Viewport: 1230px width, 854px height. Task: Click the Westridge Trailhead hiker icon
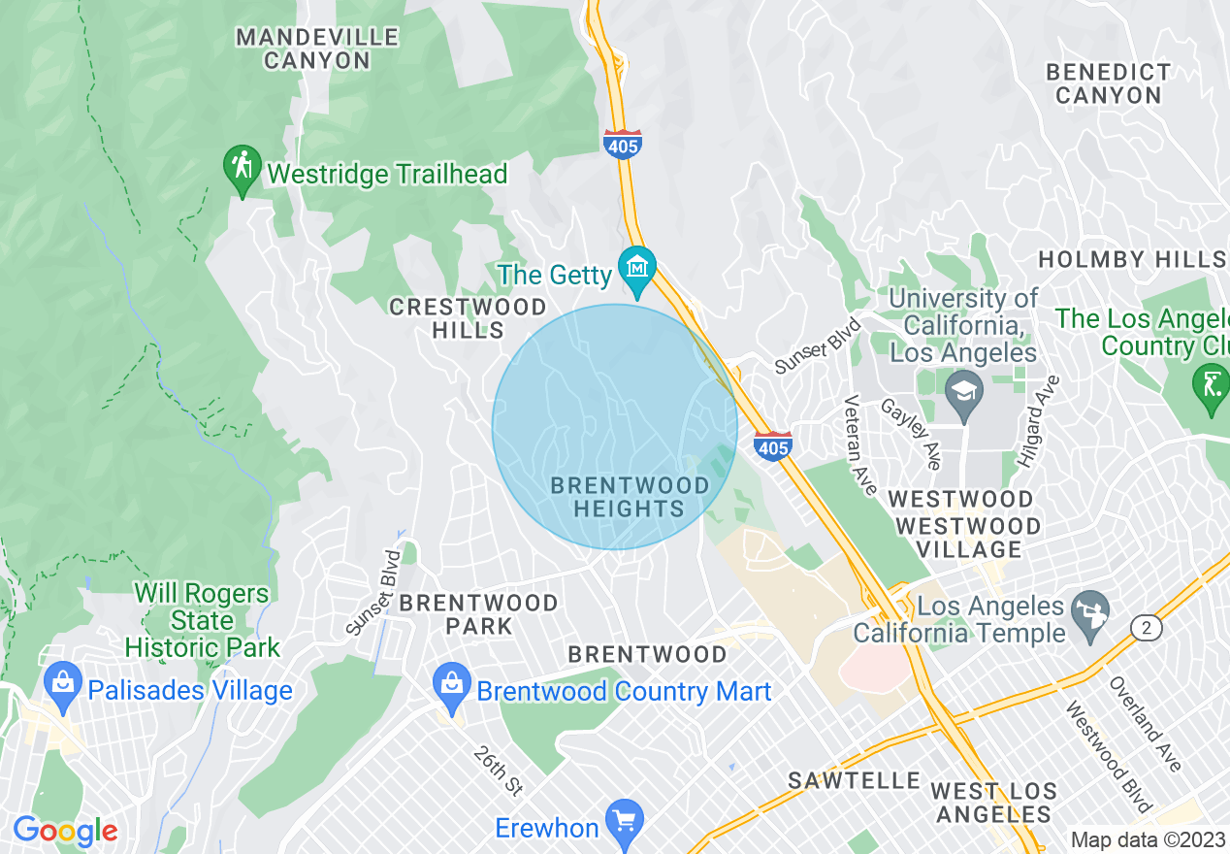click(242, 169)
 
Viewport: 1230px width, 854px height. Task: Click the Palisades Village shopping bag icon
click(63, 683)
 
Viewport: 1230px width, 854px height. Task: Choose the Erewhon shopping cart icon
click(625, 821)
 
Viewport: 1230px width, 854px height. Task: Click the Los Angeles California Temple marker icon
click(1090, 613)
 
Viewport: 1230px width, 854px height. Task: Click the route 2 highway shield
click(1146, 627)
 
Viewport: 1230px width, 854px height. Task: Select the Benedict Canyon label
click(1108, 83)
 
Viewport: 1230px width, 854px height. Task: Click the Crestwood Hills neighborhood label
click(468, 318)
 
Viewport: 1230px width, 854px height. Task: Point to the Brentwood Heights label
click(630, 496)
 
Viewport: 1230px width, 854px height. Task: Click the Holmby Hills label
click(1131, 259)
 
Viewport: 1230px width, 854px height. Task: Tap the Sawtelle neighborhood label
click(854, 780)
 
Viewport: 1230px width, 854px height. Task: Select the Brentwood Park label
click(478, 614)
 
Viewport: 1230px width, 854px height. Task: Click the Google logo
click(65, 831)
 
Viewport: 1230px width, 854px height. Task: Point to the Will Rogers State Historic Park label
click(202, 620)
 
